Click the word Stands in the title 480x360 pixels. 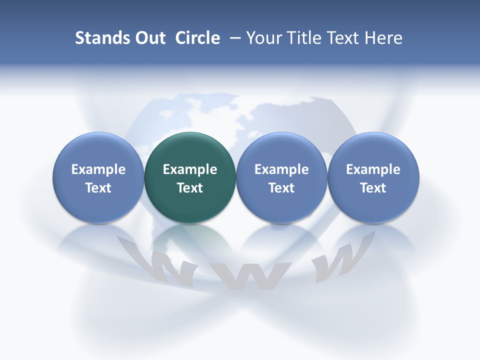[x=97, y=38]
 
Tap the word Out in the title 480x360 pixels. [x=149, y=38]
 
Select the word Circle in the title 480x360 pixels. [x=197, y=38]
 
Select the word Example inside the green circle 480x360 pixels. [x=190, y=169]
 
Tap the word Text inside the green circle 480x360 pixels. [x=190, y=188]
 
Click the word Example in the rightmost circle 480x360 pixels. [x=373, y=169]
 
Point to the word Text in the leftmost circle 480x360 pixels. [x=98, y=188]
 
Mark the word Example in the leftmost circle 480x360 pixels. [x=98, y=169]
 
